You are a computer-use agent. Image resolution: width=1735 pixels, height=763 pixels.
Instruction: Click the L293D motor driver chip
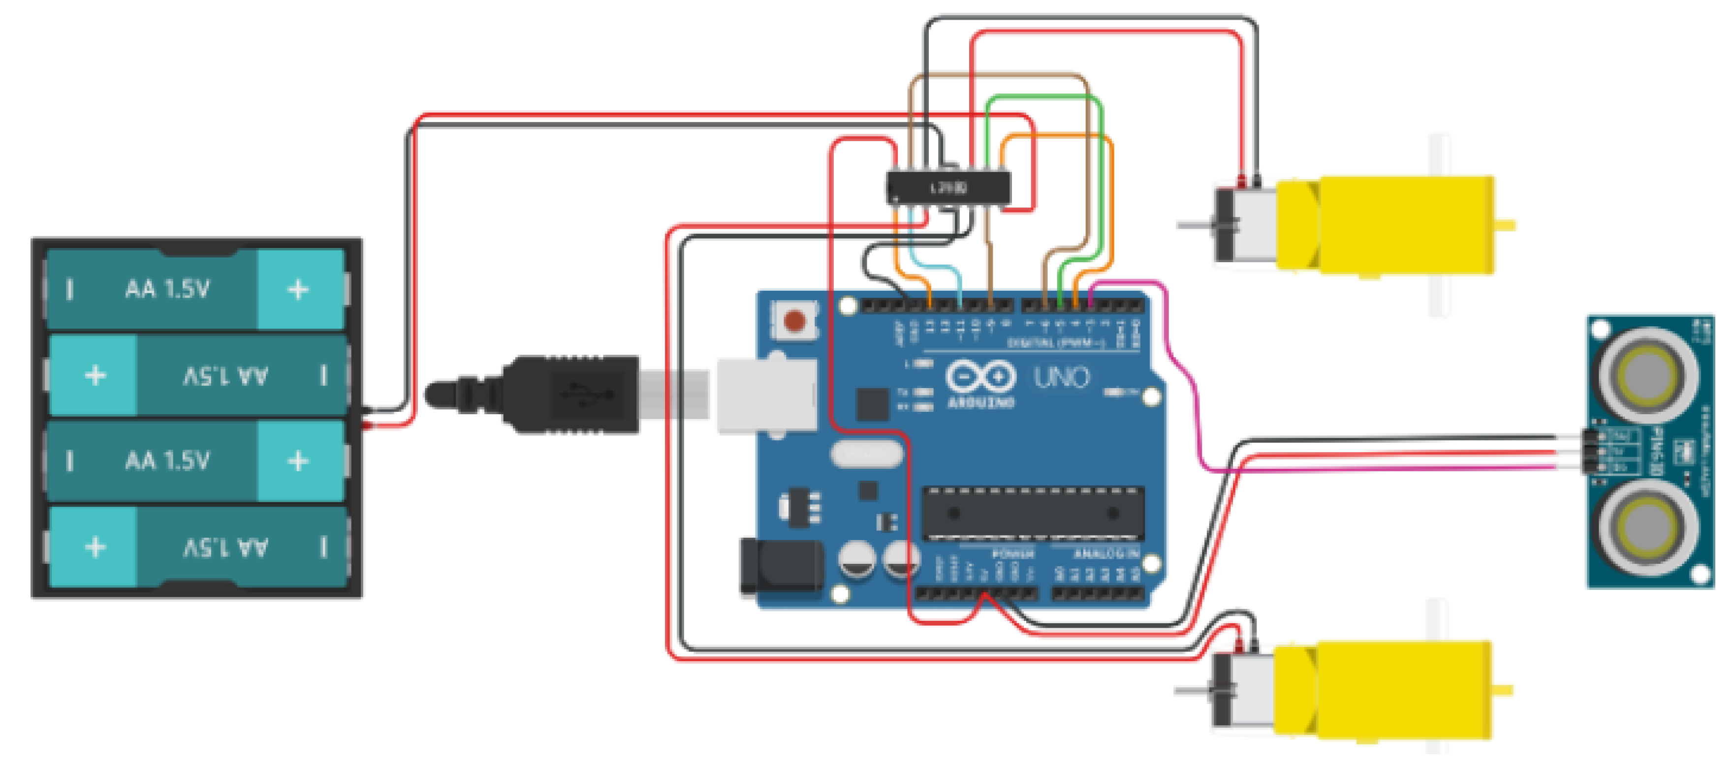pos(948,187)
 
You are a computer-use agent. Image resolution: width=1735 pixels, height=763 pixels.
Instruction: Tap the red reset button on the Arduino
pos(795,321)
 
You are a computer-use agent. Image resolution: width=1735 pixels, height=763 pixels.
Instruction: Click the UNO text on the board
pos(1062,377)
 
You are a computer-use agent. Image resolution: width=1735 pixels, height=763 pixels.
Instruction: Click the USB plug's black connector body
pos(572,394)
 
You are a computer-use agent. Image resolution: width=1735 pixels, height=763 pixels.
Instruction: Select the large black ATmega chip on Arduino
pos(1032,514)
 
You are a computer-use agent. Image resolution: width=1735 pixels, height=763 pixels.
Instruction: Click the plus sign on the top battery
pos(298,290)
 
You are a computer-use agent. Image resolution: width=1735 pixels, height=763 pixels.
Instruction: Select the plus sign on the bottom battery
pos(95,548)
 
